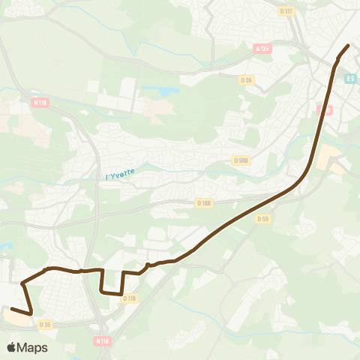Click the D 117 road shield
click(285, 11)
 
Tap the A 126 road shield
click(262, 49)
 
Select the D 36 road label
click(246, 79)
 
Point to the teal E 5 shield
click(351, 78)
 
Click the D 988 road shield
click(241, 160)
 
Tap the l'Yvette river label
click(119, 174)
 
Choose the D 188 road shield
click(204, 202)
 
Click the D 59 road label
click(262, 219)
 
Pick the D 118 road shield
click(130, 298)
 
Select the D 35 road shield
click(46, 325)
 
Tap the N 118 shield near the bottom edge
click(103, 340)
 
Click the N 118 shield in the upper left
click(40, 102)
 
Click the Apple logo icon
click(12, 347)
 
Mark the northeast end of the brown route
click(349, 46)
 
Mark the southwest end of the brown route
click(11, 308)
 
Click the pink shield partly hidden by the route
click(324, 109)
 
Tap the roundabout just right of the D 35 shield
click(62, 325)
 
